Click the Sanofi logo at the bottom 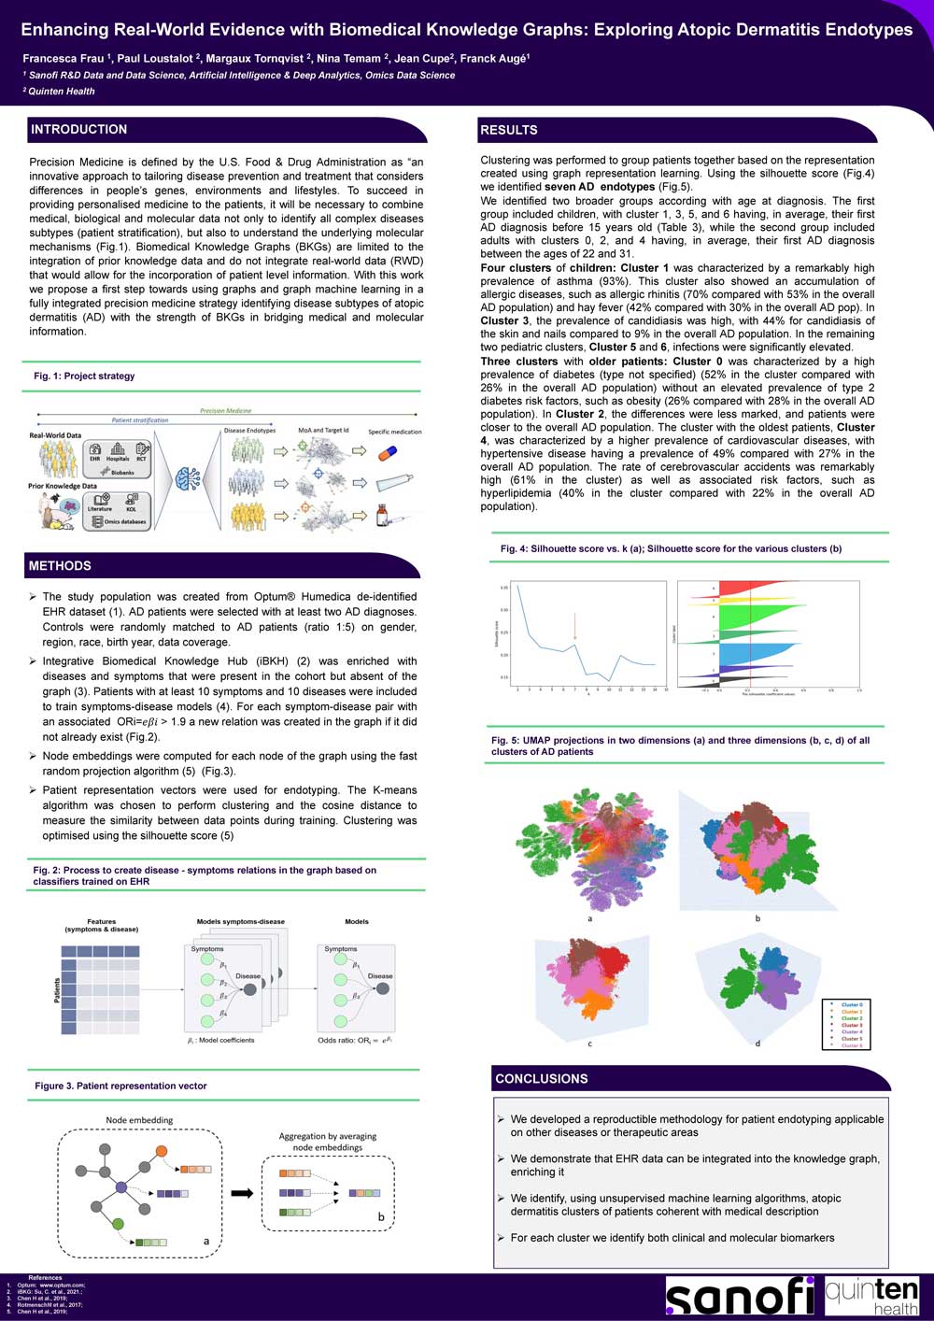coord(739,1297)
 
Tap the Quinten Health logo coord(871,1296)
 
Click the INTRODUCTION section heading coord(78,130)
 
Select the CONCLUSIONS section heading coord(542,1079)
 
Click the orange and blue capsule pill coord(387,453)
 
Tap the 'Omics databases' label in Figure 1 coord(125,522)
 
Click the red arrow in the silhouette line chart coord(574,626)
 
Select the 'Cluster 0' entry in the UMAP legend coord(851,1005)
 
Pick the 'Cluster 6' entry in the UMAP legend coord(851,1045)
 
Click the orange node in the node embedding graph coord(162,1150)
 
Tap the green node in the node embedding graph coord(118,1224)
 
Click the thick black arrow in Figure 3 coord(242,1193)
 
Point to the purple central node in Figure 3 coord(121,1187)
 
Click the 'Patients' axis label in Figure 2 coord(56,990)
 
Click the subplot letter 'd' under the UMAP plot coord(757,1044)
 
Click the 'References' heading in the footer coord(45,1278)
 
